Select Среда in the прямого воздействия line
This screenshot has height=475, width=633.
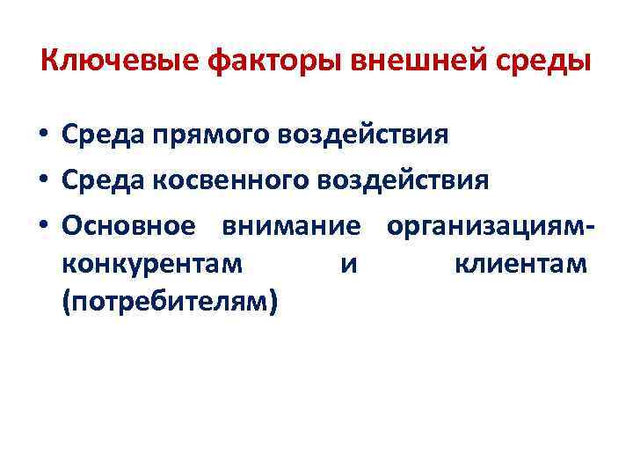tap(102, 135)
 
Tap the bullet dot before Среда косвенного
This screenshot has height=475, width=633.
tap(43, 182)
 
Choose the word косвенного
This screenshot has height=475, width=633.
tap(231, 180)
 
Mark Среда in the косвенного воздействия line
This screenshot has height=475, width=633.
tap(102, 180)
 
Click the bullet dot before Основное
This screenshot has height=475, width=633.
tap(43, 227)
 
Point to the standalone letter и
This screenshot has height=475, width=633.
tap(349, 262)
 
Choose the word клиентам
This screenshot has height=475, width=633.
tap(520, 262)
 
